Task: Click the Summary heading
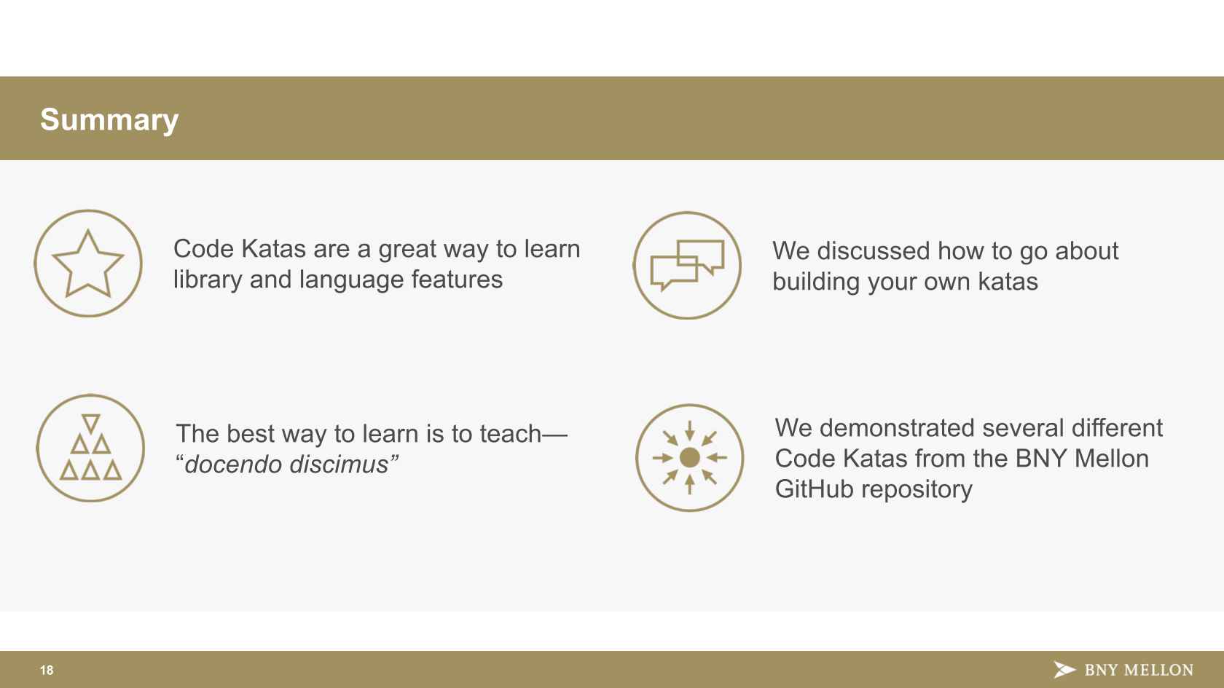tap(109, 120)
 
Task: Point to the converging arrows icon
tap(689, 457)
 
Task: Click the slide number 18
tap(47, 670)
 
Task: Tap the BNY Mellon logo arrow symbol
tap(1064, 670)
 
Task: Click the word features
tap(457, 280)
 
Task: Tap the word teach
tap(510, 434)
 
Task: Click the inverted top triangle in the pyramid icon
tap(90, 423)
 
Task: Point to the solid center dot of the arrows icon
tap(689, 457)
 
